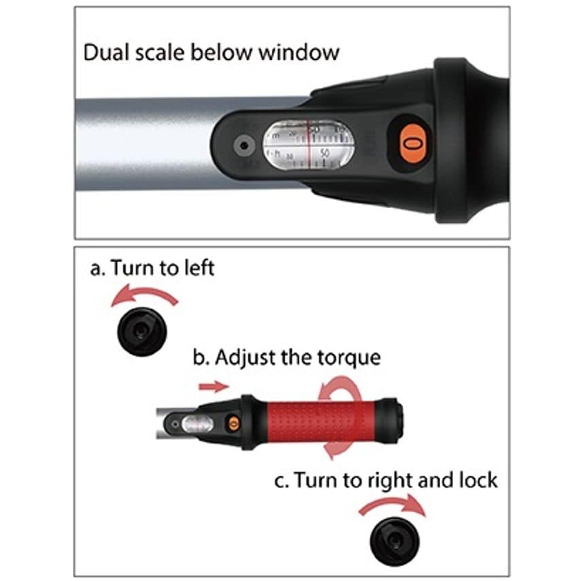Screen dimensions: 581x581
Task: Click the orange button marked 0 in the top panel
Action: point(409,144)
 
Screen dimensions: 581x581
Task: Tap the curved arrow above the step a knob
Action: point(145,297)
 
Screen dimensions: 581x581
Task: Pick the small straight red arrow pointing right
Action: point(213,386)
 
